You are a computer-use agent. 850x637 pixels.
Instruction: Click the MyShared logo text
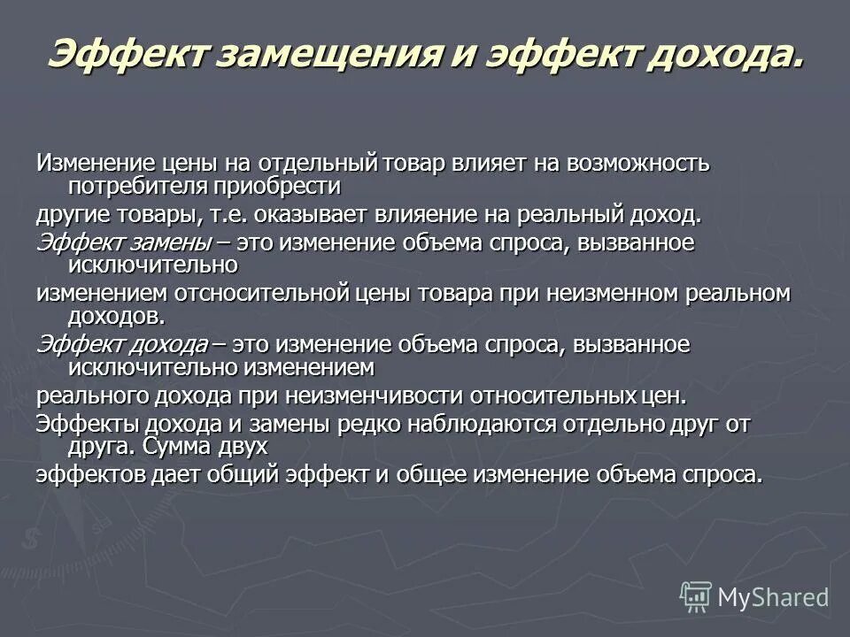(x=772, y=597)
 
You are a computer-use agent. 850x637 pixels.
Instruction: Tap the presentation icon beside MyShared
(x=696, y=597)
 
